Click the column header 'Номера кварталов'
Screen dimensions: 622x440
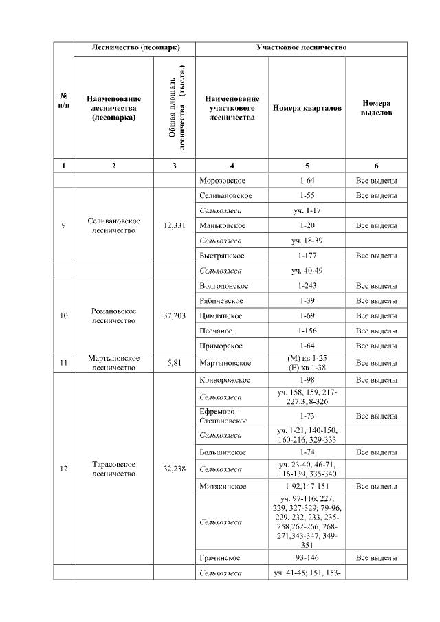pos(307,108)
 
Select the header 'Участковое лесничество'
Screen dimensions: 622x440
pos(302,48)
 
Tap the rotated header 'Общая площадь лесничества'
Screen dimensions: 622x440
pos(174,108)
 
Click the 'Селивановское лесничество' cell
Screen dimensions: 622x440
pos(114,225)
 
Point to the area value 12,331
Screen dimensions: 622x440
pos(174,225)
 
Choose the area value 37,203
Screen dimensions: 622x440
pos(174,315)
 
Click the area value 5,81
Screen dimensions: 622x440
pos(174,363)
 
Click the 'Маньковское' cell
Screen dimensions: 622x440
pos(221,225)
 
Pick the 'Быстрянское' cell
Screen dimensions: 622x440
pos(220,256)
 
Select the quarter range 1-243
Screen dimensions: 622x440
pos(307,285)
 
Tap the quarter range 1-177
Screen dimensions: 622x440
pos(307,256)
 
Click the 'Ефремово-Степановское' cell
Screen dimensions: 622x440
pos(224,416)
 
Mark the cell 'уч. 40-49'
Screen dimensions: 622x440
pos(307,271)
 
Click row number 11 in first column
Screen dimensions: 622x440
pos(63,363)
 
